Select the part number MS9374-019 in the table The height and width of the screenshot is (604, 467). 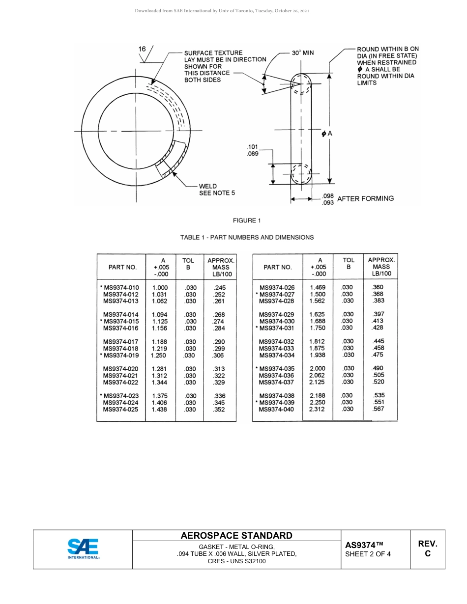click(120, 355)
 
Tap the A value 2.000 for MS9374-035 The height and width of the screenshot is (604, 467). click(317, 368)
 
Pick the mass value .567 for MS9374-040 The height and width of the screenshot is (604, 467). click(378, 409)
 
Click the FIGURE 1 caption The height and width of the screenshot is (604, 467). click(247, 220)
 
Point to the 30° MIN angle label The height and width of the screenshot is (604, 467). click(302, 53)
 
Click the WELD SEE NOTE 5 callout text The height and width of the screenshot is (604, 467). click(216, 190)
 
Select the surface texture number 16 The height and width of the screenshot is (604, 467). click(142, 49)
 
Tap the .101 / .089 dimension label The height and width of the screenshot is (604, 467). click(252, 150)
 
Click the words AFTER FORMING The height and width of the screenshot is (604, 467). click(365, 198)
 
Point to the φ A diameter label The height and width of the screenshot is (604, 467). click(327, 134)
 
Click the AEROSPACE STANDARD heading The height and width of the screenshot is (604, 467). click(236, 536)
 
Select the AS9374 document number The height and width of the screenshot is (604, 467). click(363, 545)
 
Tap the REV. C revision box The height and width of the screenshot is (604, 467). click(427, 549)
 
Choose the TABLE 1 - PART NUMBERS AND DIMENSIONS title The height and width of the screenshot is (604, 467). click(247, 237)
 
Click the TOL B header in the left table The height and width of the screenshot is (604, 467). click(188, 264)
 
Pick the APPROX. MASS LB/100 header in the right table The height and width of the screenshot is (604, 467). click(381, 267)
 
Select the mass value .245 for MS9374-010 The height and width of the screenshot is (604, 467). click(220, 288)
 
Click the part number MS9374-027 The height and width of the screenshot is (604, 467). click(277, 294)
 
